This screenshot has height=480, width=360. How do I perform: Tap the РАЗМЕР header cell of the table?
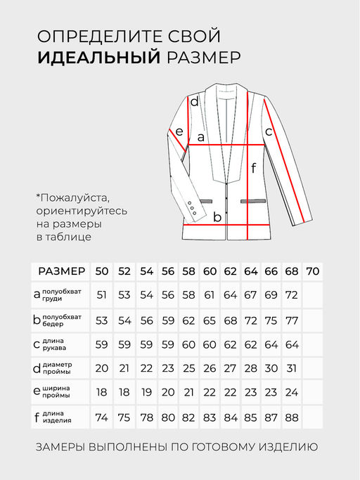coord(62,271)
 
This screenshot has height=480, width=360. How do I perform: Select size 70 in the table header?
coord(313,271)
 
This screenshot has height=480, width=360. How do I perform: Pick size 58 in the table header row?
coord(189,271)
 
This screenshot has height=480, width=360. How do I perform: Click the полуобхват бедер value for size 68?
coord(292,320)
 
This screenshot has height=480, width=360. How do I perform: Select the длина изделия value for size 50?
coord(101,417)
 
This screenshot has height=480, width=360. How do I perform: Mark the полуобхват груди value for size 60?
coord(210,295)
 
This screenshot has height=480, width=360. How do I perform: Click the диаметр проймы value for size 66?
coord(271,368)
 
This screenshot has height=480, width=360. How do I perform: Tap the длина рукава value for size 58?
coord(189,344)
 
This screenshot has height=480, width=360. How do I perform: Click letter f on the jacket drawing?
coord(254,168)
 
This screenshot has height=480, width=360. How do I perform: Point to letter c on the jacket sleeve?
coord(269,131)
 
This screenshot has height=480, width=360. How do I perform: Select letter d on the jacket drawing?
coord(194,103)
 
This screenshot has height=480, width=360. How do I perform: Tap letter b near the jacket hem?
coord(217,217)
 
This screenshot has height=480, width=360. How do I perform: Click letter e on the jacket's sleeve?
coord(179,131)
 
